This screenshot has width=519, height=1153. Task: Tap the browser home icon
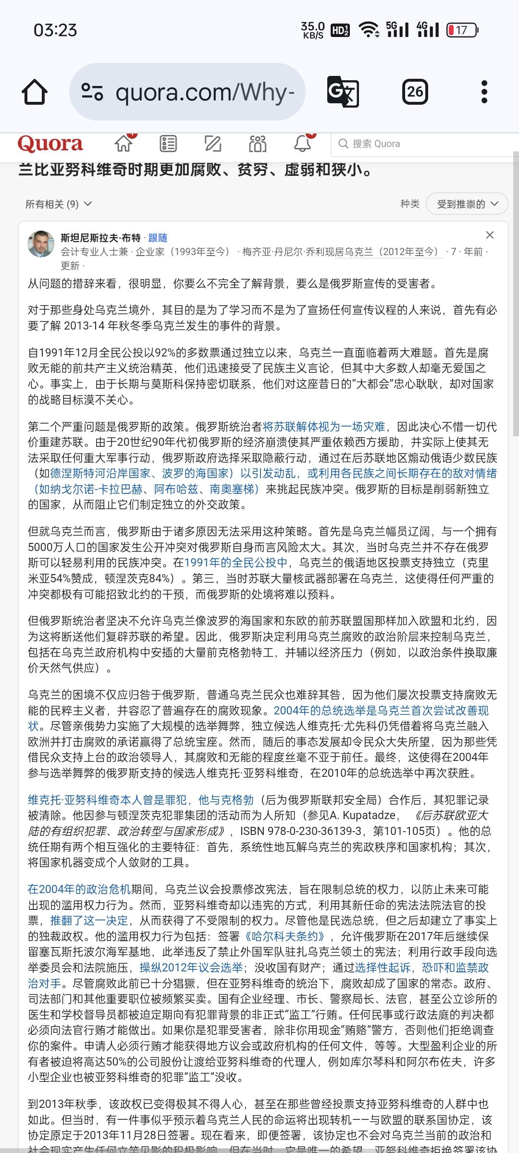(35, 92)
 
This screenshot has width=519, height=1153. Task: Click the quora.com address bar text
(205, 92)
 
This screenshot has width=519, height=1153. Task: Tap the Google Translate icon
(343, 91)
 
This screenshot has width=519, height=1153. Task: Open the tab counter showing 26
(415, 91)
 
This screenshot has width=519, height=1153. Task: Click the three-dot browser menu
(484, 91)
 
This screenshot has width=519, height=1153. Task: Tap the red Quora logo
(50, 144)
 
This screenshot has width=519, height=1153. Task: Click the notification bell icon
(302, 143)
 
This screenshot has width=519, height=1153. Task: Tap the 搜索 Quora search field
(423, 144)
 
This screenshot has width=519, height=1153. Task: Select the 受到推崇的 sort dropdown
(467, 204)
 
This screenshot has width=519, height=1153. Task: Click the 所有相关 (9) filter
(58, 204)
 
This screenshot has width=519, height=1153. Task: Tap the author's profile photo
(41, 244)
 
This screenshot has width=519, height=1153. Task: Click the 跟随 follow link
(158, 238)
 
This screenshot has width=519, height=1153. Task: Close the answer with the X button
(490, 235)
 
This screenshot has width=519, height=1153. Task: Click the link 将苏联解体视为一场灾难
(324, 427)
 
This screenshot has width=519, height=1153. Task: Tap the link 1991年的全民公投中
(236, 563)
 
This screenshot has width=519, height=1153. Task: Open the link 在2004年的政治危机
(79, 889)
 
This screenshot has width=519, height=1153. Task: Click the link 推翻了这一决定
(89, 920)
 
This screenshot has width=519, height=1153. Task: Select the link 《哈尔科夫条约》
(284, 936)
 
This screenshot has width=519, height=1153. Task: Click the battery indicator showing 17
(462, 30)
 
